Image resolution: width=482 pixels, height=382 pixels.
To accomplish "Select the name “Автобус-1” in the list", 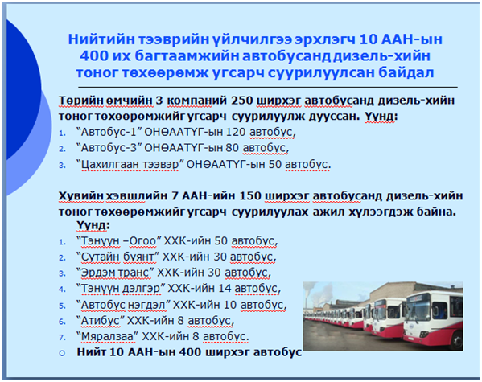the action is [x=108, y=132].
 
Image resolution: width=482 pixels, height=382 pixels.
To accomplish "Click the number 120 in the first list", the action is [x=236, y=132].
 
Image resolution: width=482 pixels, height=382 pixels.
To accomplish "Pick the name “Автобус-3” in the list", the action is [x=108, y=148].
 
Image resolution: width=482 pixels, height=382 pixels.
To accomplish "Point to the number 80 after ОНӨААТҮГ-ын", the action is [x=233, y=148].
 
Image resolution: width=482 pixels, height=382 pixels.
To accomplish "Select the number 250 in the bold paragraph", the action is [x=241, y=101].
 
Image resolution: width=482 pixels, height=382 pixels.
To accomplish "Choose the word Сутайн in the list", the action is [x=100, y=257].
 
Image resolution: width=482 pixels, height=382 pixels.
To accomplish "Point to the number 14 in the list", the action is [x=225, y=289].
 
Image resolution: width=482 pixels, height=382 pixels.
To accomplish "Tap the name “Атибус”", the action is [x=101, y=321].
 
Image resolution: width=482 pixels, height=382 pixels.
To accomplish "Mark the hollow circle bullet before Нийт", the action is [x=62, y=354].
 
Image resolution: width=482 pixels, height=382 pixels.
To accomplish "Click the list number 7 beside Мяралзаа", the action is [x=62, y=338].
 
